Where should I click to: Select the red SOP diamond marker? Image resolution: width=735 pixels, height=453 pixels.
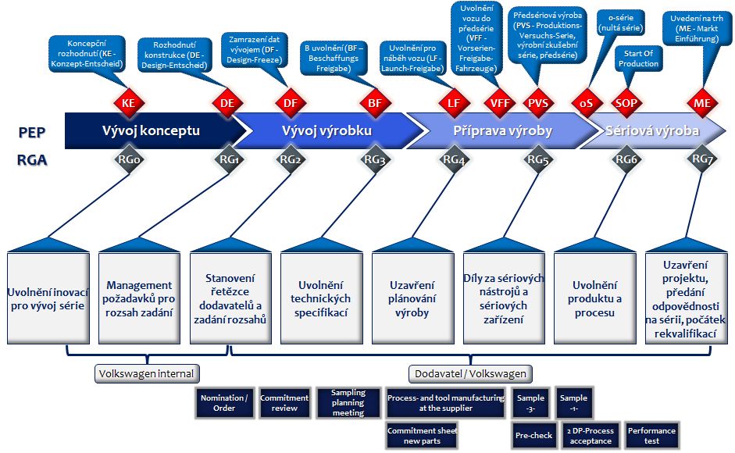[626, 102]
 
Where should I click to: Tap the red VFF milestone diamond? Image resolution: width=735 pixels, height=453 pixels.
[497, 102]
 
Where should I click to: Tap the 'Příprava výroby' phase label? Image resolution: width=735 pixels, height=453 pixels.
[502, 131]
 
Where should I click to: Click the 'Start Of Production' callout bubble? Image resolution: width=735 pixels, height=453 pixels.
[637, 58]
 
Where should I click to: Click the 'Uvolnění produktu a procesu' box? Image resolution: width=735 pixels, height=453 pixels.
[594, 298]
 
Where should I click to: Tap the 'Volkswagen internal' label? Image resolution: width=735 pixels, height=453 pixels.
[146, 373]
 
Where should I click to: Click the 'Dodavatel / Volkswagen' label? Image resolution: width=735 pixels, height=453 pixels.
[470, 373]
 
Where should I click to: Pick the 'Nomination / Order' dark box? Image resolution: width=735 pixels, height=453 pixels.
[223, 403]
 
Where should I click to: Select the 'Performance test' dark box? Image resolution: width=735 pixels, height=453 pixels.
[651, 436]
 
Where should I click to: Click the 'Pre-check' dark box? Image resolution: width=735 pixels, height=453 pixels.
[533, 436]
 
